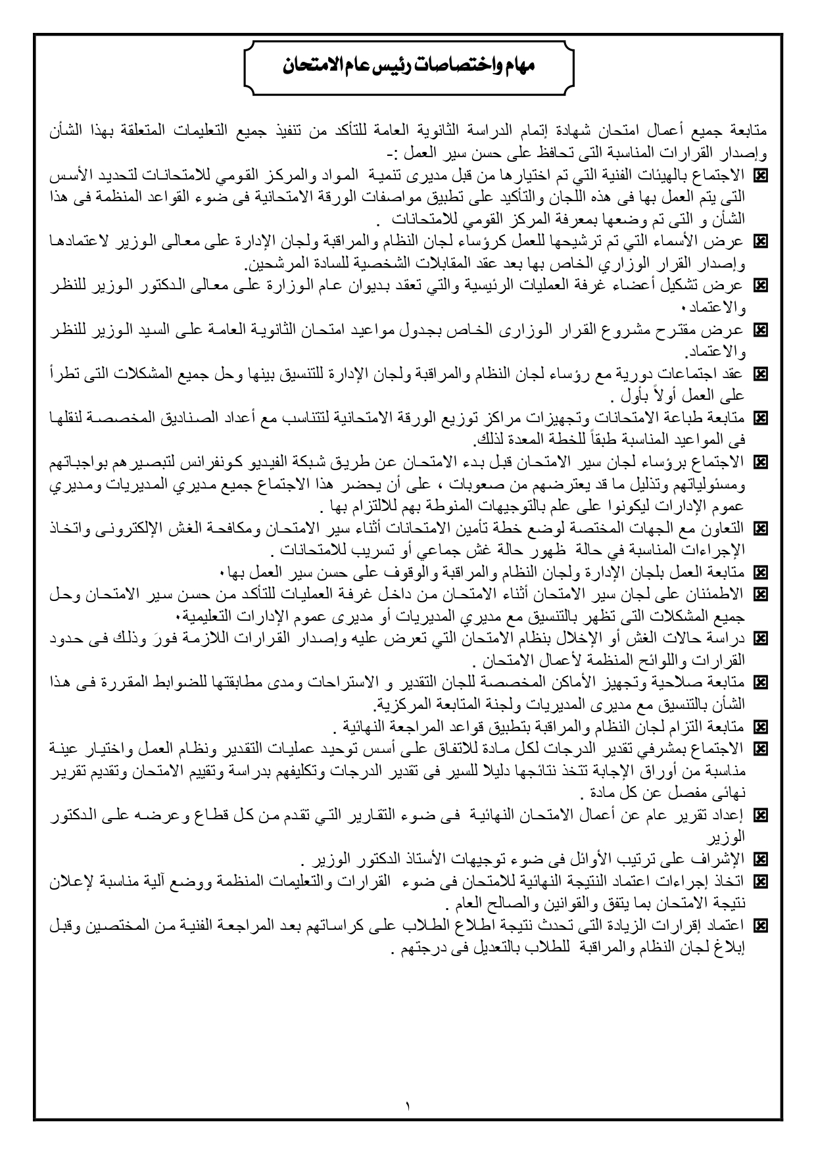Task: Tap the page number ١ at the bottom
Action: click(x=408, y=1106)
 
